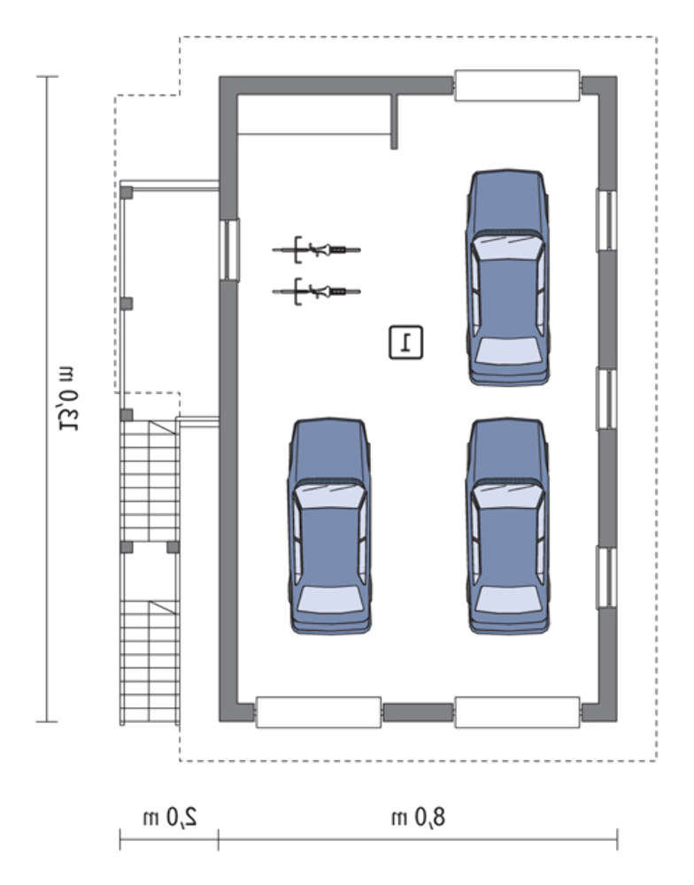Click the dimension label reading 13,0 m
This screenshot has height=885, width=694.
coord(69,398)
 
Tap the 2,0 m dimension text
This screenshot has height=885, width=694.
coord(170,817)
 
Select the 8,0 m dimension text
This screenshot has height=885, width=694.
coord(419,817)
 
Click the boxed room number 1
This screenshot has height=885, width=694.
coord(405,342)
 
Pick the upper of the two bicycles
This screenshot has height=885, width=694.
coord(316,250)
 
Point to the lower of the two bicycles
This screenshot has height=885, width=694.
coord(316,291)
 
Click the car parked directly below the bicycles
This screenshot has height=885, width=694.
coord(329,526)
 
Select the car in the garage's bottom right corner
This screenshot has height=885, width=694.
coord(508,526)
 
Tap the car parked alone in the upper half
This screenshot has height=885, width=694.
coord(508,277)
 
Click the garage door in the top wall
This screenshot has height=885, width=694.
coord(517,85)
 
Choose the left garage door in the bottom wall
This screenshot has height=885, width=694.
coord(319,712)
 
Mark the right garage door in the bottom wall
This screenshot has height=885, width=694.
coord(517,712)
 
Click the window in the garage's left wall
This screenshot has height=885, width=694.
coord(229,250)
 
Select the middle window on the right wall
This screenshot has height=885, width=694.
coord(607,399)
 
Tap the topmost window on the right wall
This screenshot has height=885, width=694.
coord(607,220)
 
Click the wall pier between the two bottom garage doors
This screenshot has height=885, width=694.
coord(419,712)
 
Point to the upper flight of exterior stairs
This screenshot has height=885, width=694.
coord(150,481)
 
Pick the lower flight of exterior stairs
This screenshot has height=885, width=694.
coord(150,661)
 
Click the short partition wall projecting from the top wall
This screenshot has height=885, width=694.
coord(394,121)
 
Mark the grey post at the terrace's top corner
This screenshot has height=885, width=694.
coord(127,192)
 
